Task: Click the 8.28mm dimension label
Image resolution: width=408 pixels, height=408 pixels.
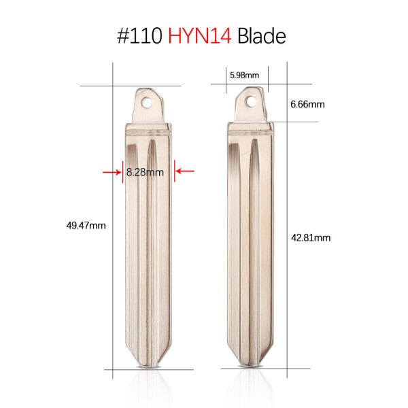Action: pyautogui.click(x=146, y=172)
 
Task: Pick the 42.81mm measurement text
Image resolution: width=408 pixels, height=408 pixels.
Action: pyautogui.click(x=310, y=237)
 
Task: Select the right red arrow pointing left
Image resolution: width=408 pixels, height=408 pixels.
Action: pyautogui.click(x=184, y=172)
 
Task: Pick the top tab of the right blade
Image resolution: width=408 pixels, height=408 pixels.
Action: pyautogui.click(x=252, y=105)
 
